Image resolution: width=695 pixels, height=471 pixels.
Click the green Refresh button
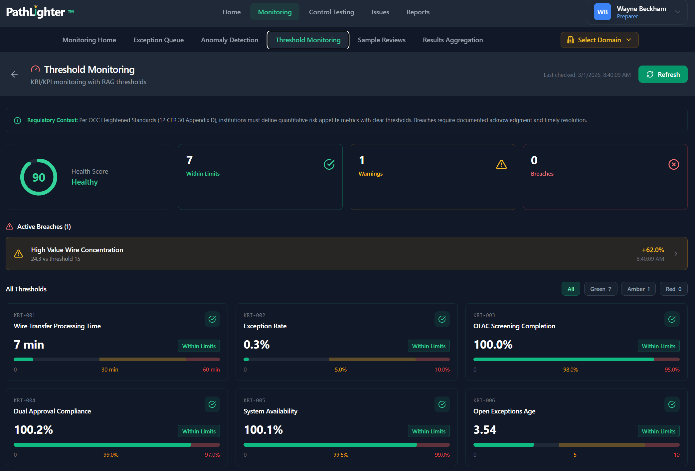pyautogui.click(x=663, y=74)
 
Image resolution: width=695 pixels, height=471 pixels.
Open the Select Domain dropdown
pyautogui.click(x=599, y=40)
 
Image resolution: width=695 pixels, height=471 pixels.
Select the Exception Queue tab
pyautogui.click(x=158, y=40)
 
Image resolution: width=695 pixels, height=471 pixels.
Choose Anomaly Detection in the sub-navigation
pyautogui.click(x=230, y=40)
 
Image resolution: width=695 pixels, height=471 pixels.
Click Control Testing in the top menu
pyautogui.click(x=331, y=12)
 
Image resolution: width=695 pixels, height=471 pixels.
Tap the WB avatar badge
pyautogui.click(x=602, y=12)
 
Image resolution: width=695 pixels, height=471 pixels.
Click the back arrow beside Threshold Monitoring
pyautogui.click(x=14, y=74)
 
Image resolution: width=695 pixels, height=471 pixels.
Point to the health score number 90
pyautogui.click(x=39, y=177)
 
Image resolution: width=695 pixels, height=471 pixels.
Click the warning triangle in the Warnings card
pyautogui.click(x=501, y=164)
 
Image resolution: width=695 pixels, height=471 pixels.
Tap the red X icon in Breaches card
pyautogui.click(x=674, y=164)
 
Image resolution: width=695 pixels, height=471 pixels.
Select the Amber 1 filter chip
pyautogui.click(x=638, y=289)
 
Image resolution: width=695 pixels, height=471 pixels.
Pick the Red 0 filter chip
pyautogui.click(x=673, y=289)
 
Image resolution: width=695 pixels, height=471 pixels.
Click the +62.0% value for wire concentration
pyautogui.click(x=653, y=250)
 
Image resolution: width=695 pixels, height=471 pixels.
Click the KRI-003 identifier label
pyautogui.click(x=484, y=315)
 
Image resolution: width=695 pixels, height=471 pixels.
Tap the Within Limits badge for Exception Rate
pyautogui.click(x=429, y=346)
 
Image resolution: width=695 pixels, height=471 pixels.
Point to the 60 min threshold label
pyautogui.click(x=211, y=370)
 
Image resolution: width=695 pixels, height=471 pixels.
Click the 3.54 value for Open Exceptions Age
pyautogui.click(x=485, y=430)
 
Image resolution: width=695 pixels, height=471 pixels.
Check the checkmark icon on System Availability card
pyautogui.click(x=442, y=404)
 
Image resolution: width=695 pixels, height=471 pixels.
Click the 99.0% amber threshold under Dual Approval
pyautogui.click(x=111, y=455)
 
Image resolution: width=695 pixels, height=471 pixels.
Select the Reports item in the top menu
pyautogui.click(x=418, y=12)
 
